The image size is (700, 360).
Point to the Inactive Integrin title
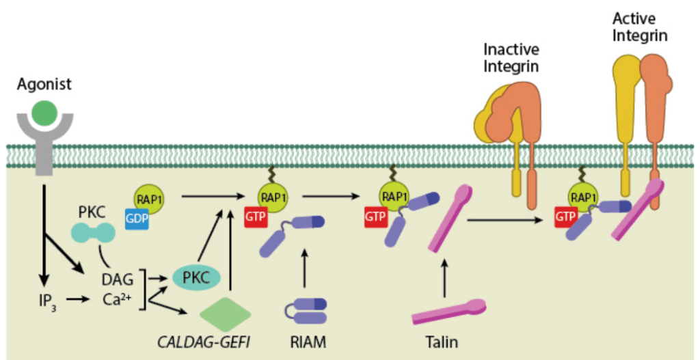511,57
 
